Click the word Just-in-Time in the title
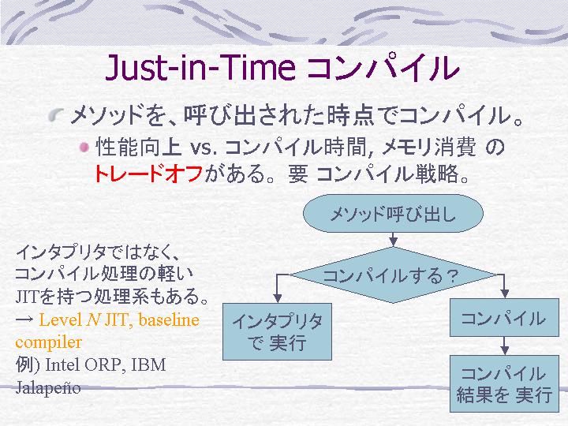pos(200,68)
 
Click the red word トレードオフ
pos(148,174)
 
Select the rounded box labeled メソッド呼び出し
pos(393,213)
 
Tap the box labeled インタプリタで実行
pos(277,331)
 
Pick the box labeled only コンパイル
pos(504,318)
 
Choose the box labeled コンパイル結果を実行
pos(504,383)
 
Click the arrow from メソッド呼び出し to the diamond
pos(394,240)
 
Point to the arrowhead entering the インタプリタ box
pos(277,298)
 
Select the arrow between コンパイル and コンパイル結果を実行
pos(505,346)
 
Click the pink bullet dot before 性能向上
pos(84,148)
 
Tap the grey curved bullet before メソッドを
pos(57,115)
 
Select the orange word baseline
pos(169,319)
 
